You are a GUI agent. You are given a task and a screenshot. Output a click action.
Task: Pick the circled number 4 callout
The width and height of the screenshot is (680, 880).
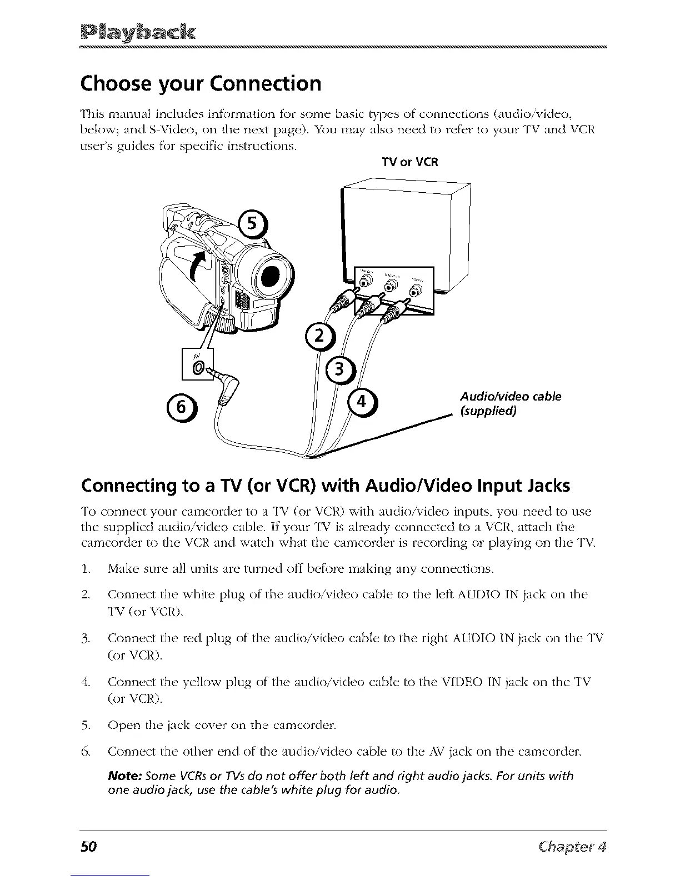(x=361, y=403)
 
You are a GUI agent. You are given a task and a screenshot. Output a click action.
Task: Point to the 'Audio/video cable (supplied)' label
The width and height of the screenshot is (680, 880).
(x=511, y=404)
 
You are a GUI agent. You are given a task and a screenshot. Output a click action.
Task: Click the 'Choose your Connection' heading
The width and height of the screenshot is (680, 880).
(x=201, y=83)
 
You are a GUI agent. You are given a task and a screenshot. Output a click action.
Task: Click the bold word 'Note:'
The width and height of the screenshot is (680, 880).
(x=124, y=776)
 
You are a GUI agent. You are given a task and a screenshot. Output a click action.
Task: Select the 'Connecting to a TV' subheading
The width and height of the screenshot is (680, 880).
(x=325, y=486)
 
